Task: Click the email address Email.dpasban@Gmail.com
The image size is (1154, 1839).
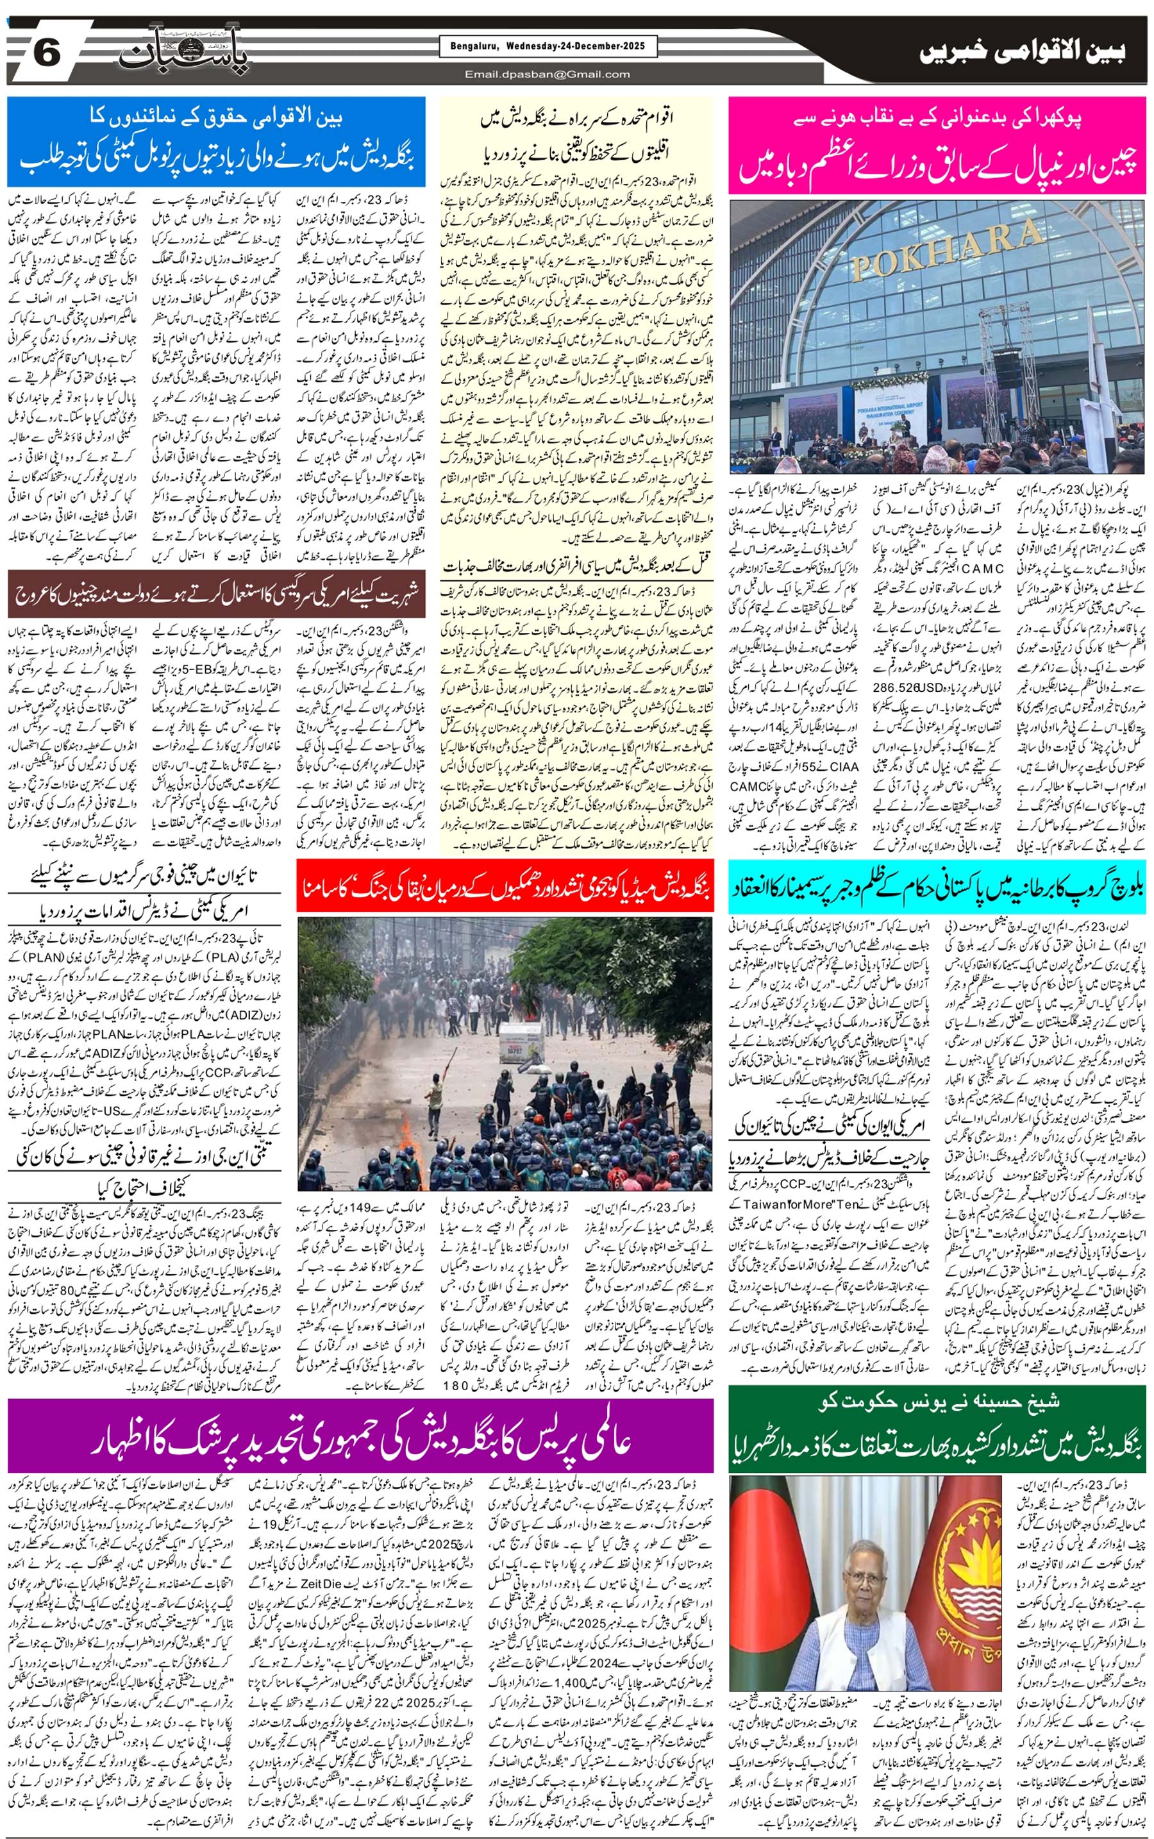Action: click(x=548, y=74)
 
